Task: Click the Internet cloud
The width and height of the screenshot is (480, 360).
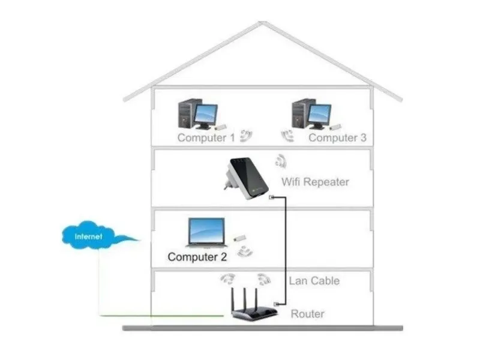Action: click(x=90, y=236)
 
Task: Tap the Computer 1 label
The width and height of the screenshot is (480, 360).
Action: click(x=206, y=138)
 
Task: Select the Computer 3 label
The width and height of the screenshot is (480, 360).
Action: click(x=337, y=138)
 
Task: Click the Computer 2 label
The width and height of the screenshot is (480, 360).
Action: click(x=197, y=257)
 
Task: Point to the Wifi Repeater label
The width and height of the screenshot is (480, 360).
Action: click(x=315, y=182)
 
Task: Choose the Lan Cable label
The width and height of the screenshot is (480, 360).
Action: click(x=314, y=281)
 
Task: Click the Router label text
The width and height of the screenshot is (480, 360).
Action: click(x=308, y=314)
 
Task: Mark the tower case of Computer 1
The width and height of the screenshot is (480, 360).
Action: click(x=187, y=113)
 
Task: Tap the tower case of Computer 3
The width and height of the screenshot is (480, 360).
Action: click(x=300, y=113)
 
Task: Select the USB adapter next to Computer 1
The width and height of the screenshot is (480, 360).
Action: click(x=220, y=127)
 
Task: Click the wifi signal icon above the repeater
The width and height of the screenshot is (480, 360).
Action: click(x=280, y=160)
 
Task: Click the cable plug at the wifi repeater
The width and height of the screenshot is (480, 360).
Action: click(x=272, y=196)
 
